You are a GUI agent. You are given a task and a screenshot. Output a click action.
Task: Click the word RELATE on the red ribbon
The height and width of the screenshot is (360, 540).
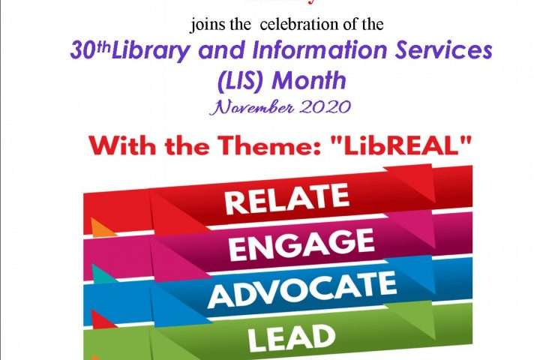(x=286, y=199)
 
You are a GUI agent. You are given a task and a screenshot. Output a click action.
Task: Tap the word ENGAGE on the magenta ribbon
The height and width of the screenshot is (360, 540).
(x=301, y=245)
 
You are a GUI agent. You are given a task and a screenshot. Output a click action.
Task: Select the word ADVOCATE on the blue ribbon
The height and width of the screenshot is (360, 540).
(x=302, y=289)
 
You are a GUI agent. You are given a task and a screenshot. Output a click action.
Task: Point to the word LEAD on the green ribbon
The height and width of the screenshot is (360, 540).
(x=291, y=338)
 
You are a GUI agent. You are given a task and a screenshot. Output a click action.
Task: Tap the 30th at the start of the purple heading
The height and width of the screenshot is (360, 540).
(x=90, y=50)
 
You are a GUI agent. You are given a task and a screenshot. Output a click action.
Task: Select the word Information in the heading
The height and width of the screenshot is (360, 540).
(x=320, y=50)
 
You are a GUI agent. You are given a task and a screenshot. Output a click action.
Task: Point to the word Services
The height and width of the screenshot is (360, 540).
(x=443, y=50)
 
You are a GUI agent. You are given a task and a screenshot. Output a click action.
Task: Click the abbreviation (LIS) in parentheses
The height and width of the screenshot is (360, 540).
(x=241, y=81)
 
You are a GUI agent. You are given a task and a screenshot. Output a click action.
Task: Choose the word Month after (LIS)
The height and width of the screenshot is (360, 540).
(x=309, y=80)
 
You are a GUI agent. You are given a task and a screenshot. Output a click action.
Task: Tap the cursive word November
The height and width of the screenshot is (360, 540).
(x=252, y=107)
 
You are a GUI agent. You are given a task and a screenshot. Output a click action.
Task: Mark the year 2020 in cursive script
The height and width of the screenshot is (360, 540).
(x=325, y=107)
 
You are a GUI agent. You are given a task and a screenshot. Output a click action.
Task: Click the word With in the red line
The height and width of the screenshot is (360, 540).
(x=122, y=145)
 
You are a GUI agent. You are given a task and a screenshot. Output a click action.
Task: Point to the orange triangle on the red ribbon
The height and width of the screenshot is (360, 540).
(x=102, y=227)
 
